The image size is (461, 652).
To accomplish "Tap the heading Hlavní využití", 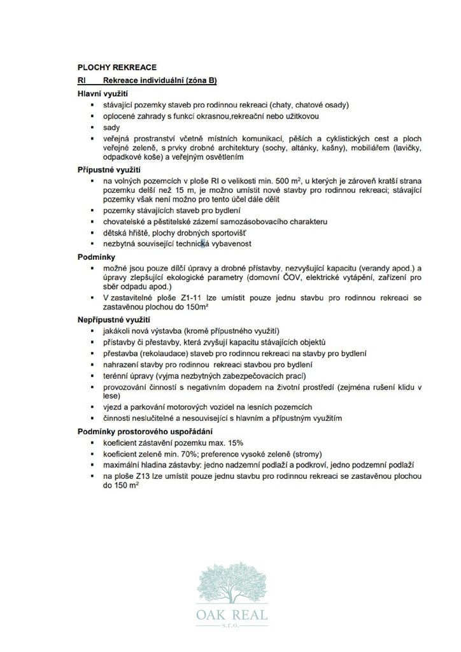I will tap(99, 94).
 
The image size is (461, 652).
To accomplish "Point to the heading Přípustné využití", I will tap(108, 170).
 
